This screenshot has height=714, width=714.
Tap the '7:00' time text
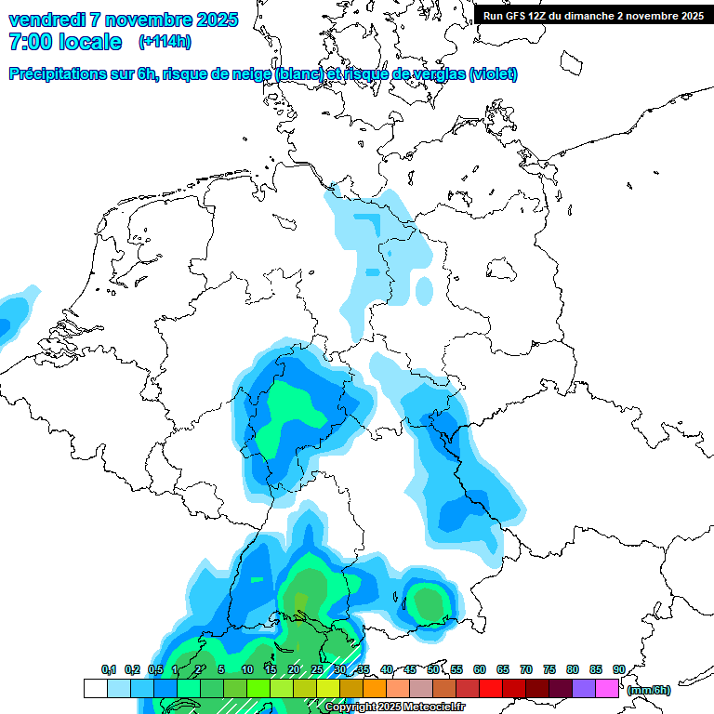coord(33,42)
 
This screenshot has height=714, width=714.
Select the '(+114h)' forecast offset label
coord(165,42)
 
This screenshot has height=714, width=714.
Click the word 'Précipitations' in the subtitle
coord(58,74)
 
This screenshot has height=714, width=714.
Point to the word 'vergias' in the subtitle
coord(438,74)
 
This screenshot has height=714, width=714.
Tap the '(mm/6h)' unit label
coord(648,690)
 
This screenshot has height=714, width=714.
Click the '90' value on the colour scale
coord(618,669)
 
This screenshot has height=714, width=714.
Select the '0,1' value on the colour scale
coord(108,669)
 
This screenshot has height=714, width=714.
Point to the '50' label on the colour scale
coord(433,669)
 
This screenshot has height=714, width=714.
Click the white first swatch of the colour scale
coord(95,689)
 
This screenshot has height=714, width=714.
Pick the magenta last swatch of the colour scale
coord(607,689)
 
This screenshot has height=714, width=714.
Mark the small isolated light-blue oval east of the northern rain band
coord(424,291)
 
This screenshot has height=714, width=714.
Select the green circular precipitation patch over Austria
coord(428,603)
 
